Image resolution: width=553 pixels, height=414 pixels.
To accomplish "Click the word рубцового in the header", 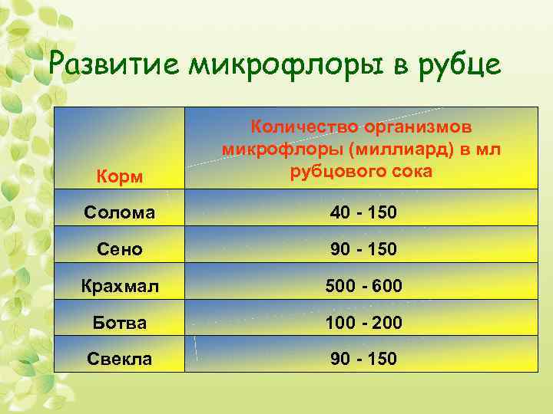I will (x=333, y=171).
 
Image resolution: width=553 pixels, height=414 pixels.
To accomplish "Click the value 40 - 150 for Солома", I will (x=364, y=212).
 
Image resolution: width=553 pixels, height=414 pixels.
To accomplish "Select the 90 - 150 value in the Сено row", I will (x=364, y=249).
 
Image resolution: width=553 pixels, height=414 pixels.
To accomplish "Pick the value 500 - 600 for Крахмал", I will (x=364, y=287).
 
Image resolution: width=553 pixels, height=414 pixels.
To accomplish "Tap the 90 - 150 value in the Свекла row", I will (x=364, y=359).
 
